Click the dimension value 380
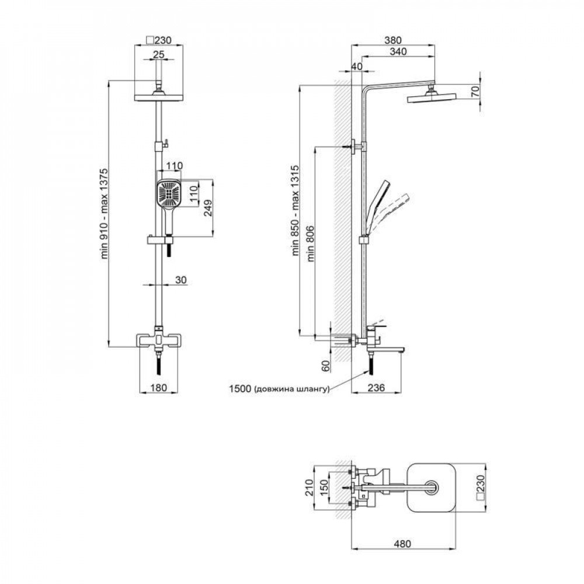point(392,41)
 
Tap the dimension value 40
point(357,67)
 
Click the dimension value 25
point(158,54)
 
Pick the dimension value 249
point(208,208)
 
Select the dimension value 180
point(158,387)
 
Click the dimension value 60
point(326,366)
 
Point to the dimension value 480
point(402,543)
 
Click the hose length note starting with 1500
point(280,388)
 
